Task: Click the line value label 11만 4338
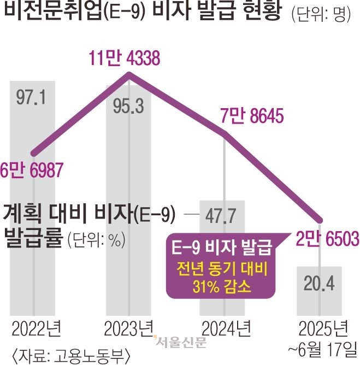(125, 59)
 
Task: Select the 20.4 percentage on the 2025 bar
(318, 284)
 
